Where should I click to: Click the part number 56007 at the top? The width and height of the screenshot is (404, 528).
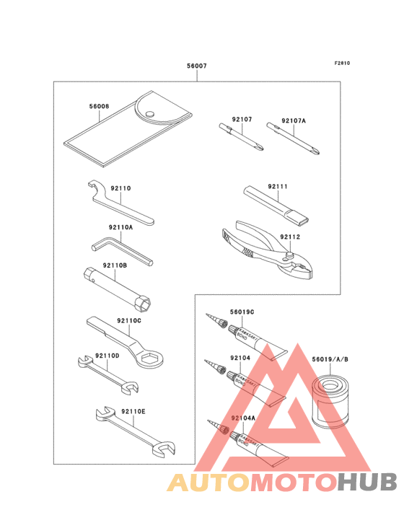196,66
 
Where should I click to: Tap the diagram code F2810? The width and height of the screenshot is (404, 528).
341,63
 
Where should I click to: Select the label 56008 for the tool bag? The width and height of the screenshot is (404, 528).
100,106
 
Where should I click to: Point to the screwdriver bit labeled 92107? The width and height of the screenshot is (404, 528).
242,137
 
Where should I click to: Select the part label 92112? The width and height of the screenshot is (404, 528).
290,237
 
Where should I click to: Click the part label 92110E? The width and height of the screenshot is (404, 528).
133,411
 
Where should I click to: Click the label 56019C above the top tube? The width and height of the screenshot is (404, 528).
242,312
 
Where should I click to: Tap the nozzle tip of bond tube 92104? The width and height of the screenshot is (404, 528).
210,364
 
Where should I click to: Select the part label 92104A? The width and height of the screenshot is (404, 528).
243,418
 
